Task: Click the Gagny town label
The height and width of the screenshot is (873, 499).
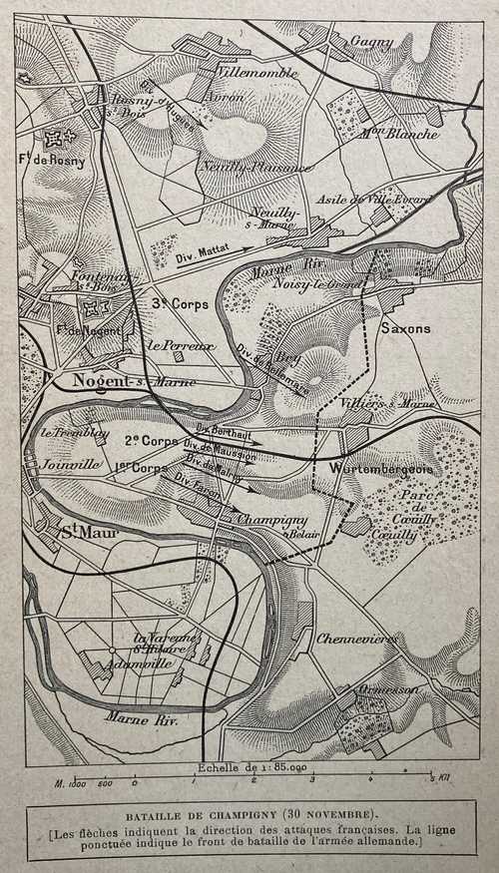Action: click(372, 42)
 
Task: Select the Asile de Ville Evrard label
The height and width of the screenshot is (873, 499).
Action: click(373, 201)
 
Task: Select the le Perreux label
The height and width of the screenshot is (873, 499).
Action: click(181, 344)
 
